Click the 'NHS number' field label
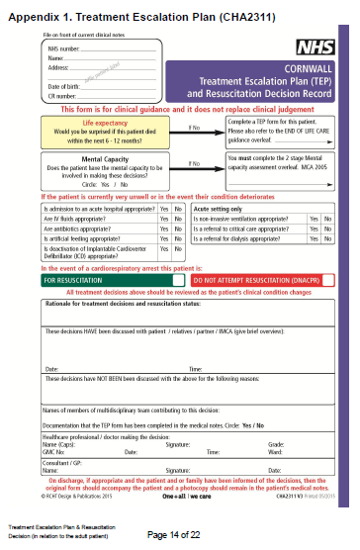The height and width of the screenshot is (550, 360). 63,47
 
